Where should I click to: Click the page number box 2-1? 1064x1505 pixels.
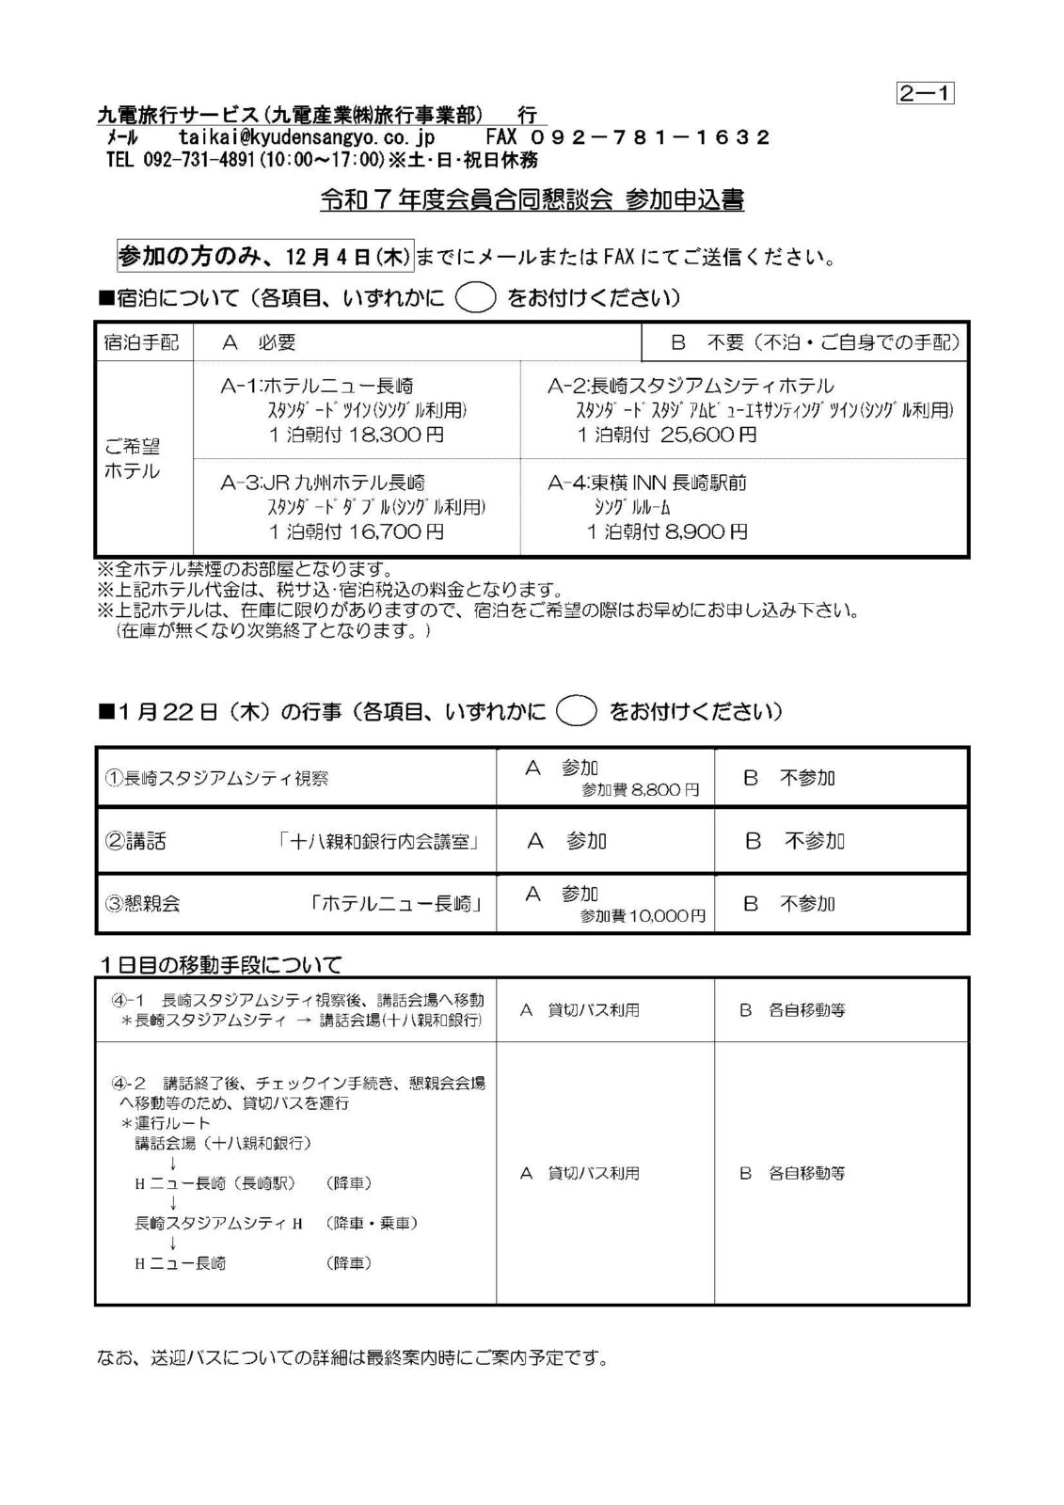[x=925, y=93]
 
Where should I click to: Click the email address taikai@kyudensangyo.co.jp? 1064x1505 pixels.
[x=312, y=137]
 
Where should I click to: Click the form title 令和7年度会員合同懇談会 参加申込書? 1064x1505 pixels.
[x=532, y=200]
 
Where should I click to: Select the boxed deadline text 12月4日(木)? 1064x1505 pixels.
[x=263, y=255]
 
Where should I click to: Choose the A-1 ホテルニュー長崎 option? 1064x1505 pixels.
[x=317, y=386]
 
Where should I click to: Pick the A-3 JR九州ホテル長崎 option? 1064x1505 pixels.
[x=323, y=483]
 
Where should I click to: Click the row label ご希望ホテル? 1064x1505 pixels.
[x=132, y=459]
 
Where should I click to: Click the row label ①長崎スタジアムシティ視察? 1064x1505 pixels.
[x=216, y=779]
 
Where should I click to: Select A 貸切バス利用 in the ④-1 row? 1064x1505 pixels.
[x=580, y=1010]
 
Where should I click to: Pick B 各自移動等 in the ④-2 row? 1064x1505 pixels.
[x=792, y=1173]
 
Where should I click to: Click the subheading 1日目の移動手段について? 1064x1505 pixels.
[x=222, y=964]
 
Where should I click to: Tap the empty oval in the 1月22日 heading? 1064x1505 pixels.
[x=576, y=711]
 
